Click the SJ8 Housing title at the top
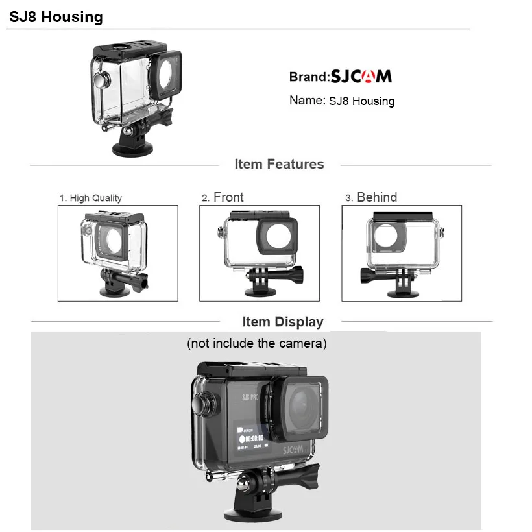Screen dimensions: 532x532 point(56,17)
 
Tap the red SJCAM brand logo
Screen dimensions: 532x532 point(361,77)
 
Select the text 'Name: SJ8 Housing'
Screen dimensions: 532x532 point(341,101)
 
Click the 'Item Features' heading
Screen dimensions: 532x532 point(279,164)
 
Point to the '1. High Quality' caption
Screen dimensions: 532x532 point(91,198)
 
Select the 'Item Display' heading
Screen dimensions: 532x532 point(282,322)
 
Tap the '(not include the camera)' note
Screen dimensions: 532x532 point(257,343)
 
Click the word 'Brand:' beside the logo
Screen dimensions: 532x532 point(309,77)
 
